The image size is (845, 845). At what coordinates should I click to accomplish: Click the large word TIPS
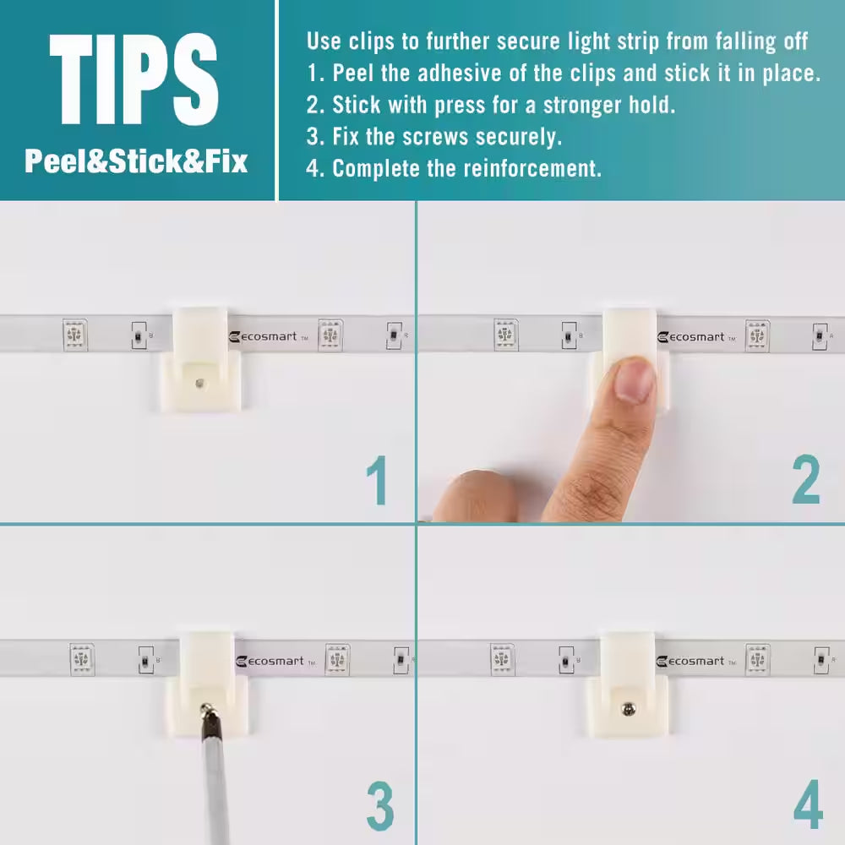tap(134, 79)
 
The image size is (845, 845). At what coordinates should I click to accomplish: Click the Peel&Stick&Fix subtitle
tap(136, 161)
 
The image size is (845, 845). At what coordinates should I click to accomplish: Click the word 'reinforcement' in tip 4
tap(532, 169)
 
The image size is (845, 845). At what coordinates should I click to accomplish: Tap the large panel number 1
tap(377, 480)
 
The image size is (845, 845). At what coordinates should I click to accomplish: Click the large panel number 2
tap(805, 479)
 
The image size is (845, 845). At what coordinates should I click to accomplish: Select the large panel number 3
tap(380, 806)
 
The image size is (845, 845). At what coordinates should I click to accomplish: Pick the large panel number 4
tap(809, 804)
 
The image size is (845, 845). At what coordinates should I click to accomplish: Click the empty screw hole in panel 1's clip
tap(199, 383)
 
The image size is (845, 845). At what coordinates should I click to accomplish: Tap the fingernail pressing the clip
tap(635, 380)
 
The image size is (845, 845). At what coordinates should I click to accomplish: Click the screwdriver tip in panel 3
tap(205, 706)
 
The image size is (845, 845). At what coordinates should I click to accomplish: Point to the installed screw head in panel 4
tap(629, 709)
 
